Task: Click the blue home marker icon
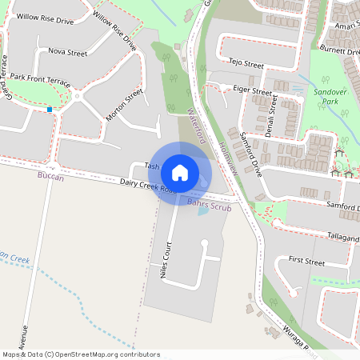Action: tap(180, 172)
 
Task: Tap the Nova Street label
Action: tap(67, 53)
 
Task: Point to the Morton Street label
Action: tap(124, 105)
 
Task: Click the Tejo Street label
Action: tap(246, 62)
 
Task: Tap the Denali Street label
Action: tap(271, 117)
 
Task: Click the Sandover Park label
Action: tap(329, 98)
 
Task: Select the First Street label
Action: tap(306, 262)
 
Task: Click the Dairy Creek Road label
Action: tap(147, 187)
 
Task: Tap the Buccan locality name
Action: tap(50, 177)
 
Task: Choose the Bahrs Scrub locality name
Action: tap(209, 205)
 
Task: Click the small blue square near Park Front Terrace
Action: tap(50, 109)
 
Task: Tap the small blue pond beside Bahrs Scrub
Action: tap(202, 210)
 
